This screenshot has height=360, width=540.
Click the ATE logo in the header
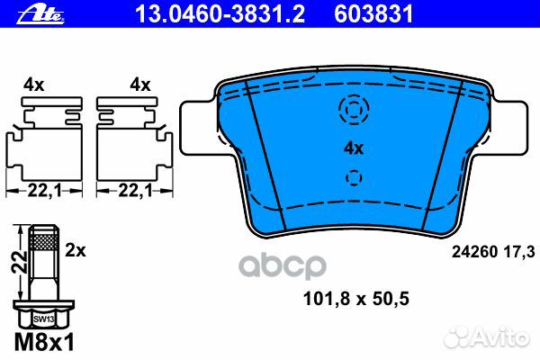point(40,14)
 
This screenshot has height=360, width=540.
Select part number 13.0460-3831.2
point(220,14)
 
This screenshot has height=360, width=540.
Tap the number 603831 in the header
point(373,14)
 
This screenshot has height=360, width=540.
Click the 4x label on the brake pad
point(354,148)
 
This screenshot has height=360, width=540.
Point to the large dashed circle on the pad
point(354,97)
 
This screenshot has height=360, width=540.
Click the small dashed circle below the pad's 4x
point(354,171)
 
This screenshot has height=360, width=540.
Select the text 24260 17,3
point(493,252)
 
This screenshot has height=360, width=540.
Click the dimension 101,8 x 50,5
point(356,299)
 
